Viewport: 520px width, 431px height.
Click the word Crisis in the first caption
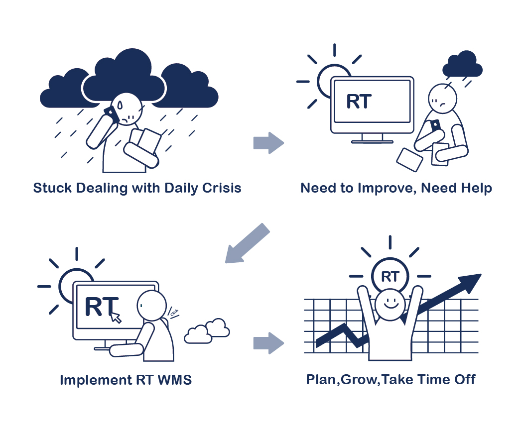(222, 188)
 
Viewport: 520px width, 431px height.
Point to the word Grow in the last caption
(359, 380)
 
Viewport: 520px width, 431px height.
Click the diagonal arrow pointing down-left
(248, 243)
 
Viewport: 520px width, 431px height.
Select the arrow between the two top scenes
(268, 143)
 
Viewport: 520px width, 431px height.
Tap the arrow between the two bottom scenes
(268, 343)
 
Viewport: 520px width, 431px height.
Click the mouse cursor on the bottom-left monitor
(116, 317)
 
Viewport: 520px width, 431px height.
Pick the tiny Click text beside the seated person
(174, 313)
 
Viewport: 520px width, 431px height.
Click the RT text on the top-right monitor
(359, 102)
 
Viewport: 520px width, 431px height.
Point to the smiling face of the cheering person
(390, 304)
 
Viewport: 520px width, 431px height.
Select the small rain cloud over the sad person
(462, 64)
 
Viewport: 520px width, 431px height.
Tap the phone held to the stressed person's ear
(112, 114)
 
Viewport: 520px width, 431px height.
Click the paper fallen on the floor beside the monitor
(409, 160)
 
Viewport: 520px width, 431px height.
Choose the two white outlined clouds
(207, 330)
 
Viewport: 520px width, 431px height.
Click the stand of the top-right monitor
(372, 138)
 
